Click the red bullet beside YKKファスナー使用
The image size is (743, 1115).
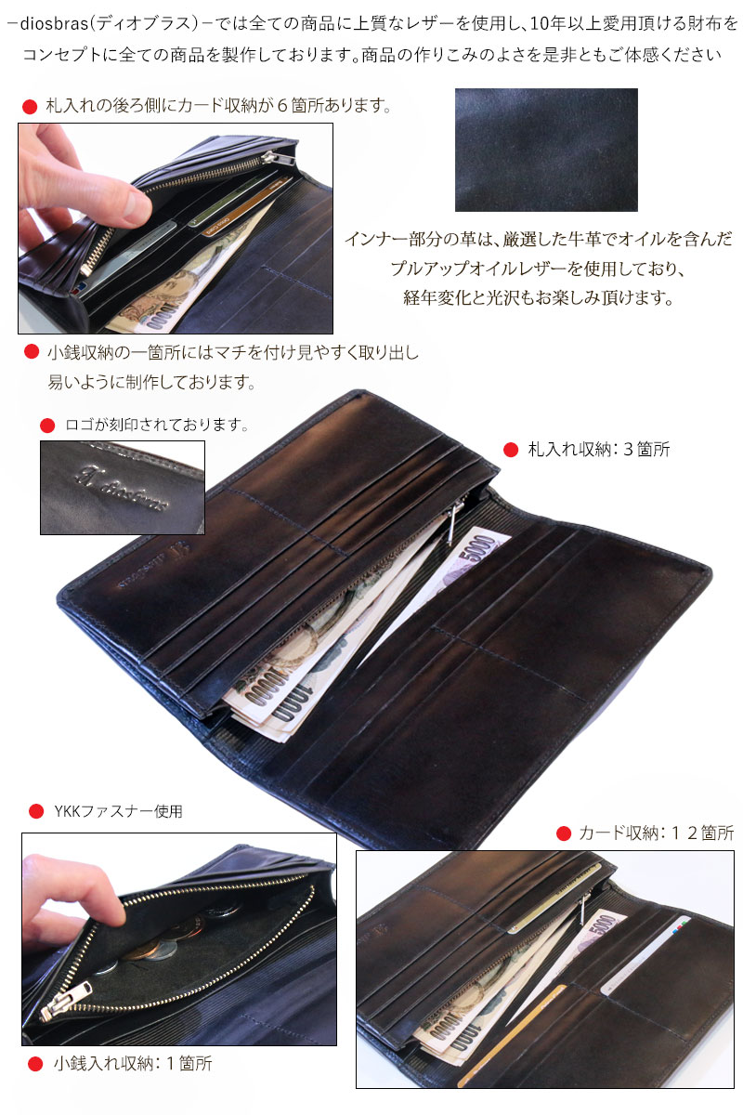tap(36, 811)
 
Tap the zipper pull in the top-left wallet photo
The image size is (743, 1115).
tap(88, 264)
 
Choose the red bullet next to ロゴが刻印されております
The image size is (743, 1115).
tap(47, 426)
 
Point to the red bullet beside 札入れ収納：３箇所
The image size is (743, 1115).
tap(510, 450)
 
